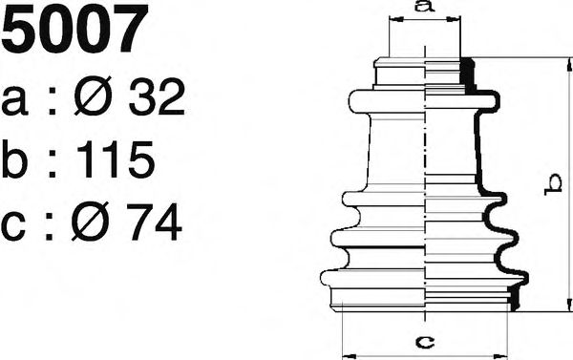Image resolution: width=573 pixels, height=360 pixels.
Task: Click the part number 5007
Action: [76, 31]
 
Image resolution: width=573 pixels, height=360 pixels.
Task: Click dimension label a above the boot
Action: [425, 8]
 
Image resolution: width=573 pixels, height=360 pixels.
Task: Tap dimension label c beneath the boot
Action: [427, 339]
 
